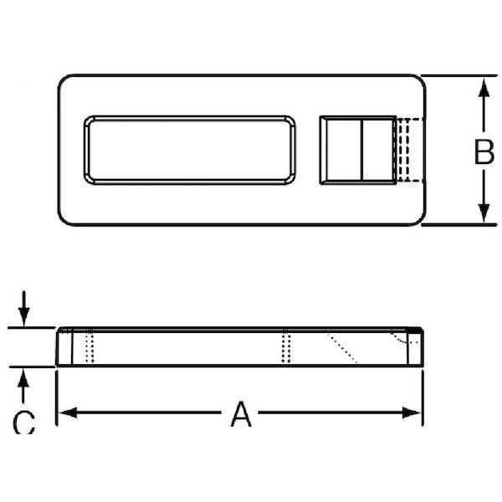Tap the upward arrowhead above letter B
click(484, 87)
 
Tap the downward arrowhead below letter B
click(484, 213)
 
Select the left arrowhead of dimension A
click(68, 412)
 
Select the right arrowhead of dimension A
click(412, 412)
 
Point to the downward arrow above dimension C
click(23, 309)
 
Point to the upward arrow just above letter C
click(23, 386)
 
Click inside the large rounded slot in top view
click(190, 150)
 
